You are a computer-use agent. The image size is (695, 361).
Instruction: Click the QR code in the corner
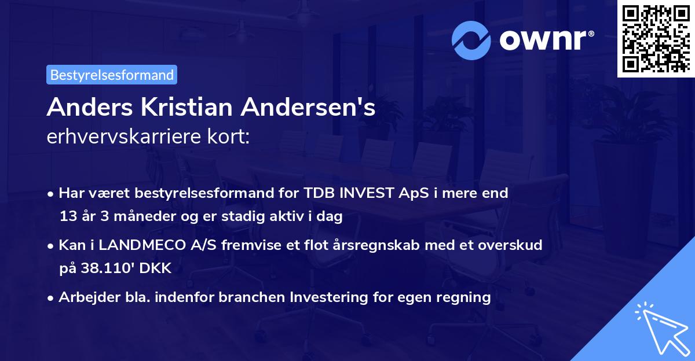655,38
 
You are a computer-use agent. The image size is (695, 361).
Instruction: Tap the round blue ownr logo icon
471,40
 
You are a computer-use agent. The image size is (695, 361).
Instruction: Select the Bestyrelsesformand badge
112,75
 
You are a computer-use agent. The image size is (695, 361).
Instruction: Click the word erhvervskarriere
120,137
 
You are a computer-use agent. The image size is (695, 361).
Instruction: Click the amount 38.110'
106,268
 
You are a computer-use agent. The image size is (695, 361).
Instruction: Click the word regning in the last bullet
464,297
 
